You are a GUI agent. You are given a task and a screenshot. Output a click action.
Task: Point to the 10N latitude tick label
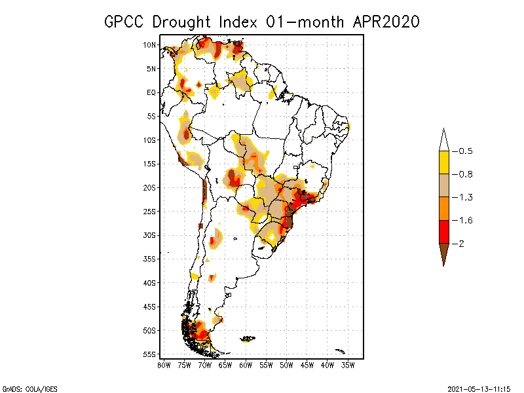tap(149, 45)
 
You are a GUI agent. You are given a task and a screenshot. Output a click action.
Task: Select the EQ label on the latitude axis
tap(151, 92)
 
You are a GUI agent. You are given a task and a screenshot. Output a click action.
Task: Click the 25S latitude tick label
tap(149, 211)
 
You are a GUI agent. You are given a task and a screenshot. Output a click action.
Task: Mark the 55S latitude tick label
tap(149, 354)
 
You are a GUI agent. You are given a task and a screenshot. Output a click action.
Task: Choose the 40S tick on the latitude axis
tap(149, 282)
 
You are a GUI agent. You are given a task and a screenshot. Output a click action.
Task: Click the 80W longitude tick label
tap(164, 364)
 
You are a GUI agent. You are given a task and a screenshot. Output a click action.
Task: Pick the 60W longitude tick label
tap(246, 364)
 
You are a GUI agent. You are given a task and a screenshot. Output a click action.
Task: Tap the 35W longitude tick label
tap(348, 364)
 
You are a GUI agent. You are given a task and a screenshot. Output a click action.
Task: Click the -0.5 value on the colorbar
tap(465, 151)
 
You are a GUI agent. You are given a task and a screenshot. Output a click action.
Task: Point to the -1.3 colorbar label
tap(465, 197)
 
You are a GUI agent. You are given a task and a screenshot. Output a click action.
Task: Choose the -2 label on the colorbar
tap(461, 243)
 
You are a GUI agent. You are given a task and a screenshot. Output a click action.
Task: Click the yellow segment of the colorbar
tap(443, 162)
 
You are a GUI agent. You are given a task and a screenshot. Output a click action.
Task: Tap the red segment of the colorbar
tap(443, 231)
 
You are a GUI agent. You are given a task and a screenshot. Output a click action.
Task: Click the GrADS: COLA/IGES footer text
tap(26, 388)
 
